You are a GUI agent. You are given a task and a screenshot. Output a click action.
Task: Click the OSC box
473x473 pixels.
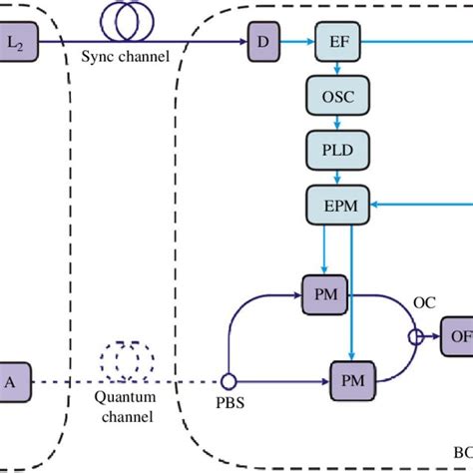[x=338, y=99]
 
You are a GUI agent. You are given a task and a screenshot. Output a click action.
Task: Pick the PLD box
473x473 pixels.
[x=338, y=152]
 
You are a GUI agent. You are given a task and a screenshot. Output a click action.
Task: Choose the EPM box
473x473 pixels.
[x=338, y=207]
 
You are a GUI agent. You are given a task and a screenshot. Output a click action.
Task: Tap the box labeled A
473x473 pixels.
[x=12, y=380]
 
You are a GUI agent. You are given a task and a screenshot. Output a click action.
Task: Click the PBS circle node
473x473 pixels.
[x=229, y=380]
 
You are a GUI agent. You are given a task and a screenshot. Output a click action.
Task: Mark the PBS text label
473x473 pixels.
[x=228, y=406]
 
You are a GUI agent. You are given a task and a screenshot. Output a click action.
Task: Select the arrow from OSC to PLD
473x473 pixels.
[x=338, y=125]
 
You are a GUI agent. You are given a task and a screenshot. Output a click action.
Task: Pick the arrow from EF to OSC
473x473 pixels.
[x=338, y=70]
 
